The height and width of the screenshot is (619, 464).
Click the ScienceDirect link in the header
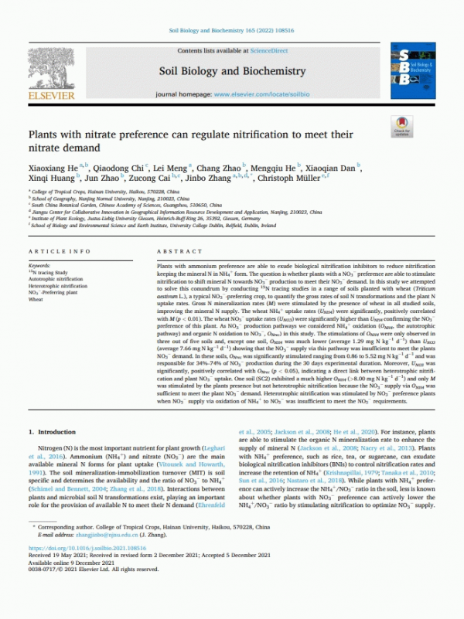pos(264,50)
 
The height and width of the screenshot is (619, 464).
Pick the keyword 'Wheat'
pos(36,298)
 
